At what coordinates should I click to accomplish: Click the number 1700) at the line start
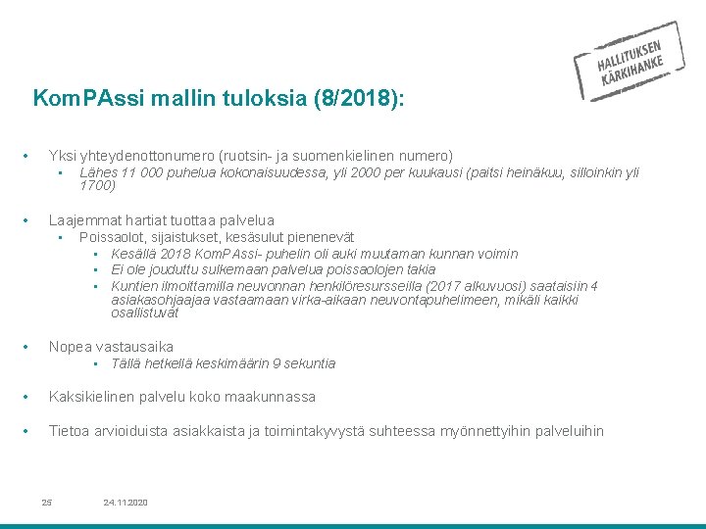coord(97,185)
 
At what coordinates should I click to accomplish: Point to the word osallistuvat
coord(145,313)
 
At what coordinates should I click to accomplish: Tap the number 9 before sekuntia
coord(277,363)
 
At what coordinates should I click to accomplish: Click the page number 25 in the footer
coord(46,503)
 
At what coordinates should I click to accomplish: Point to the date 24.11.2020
coord(125,503)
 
